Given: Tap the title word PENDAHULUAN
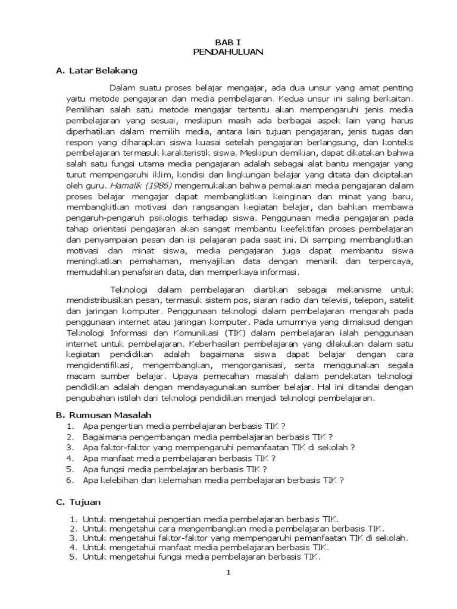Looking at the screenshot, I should pyautogui.click(x=228, y=52).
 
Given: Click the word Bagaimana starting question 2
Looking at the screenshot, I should pyautogui.click(x=104, y=437).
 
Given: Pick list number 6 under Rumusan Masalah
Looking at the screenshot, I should pyautogui.click(x=70, y=479).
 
